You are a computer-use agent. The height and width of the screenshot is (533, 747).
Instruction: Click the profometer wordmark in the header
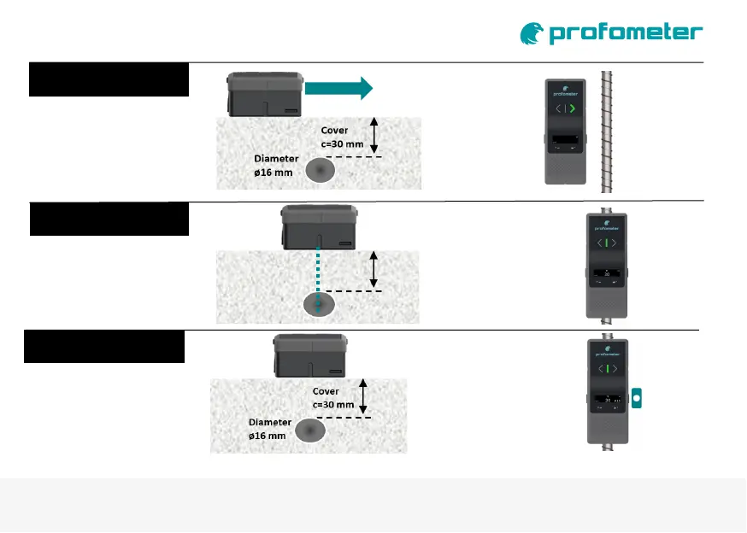pyautogui.click(x=626, y=33)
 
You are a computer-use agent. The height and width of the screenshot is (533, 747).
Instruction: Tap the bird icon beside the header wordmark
pyautogui.click(x=532, y=33)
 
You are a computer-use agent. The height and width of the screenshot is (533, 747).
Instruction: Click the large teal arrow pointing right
pyautogui.click(x=338, y=87)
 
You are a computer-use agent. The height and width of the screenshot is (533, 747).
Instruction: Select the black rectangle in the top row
pyautogui.click(x=109, y=79)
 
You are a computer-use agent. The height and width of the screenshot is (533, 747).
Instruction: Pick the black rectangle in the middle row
pyautogui.click(x=109, y=219)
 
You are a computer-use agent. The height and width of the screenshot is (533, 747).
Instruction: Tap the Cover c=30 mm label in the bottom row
pyautogui.click(x=332, y=398)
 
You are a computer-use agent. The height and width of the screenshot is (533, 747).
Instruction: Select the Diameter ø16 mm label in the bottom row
pyautogui.click(x=270, y=428)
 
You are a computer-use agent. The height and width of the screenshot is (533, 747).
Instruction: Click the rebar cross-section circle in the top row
pyautogui.click(x=321, y=172)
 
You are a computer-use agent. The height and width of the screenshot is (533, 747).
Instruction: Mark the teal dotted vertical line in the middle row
pyautogui.click(x=318, y=278)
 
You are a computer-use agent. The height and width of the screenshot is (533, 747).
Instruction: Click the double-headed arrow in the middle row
pyautogui.click(x=373, y=269)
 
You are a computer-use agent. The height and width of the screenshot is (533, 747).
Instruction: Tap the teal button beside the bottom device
pyautogui.click(x=638, y=398)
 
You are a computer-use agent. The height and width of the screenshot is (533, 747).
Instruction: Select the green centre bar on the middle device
pyautogui.click(x=606, y=243)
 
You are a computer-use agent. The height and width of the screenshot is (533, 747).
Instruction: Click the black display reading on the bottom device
pyautogui.click(x=607, y=398)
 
